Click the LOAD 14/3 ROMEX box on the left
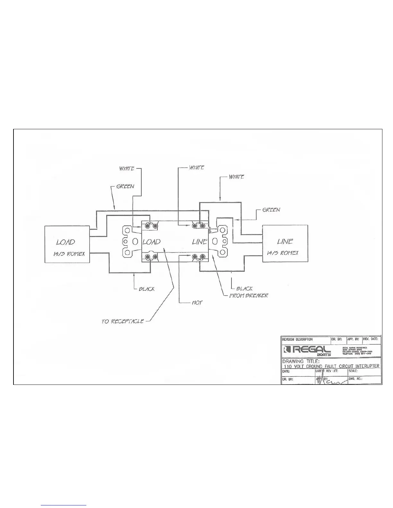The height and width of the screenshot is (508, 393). [x=67, y=244]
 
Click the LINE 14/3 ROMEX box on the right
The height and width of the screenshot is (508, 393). [x=285, y=244]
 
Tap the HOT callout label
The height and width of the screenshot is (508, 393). [x=197, y=302]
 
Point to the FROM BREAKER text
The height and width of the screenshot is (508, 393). [x=248, y=295]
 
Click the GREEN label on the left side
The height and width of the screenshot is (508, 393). [x=125, y=186]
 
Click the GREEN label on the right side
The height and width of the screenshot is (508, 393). [x=271, y=210]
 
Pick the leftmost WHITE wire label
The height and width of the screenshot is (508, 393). [x=127, y=168]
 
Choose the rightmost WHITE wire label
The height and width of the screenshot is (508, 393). [x=236, y=177]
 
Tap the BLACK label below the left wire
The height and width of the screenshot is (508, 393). [x=146, y=289]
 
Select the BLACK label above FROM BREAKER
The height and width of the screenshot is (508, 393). [x=244, y=289]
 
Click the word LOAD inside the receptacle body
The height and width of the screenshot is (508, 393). [x=151, y=242]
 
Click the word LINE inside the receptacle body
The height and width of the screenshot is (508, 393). [x=199, y=242]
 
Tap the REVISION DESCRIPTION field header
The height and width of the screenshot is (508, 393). [x=297, y=339]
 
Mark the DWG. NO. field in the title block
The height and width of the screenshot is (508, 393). [x=355, y=379]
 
